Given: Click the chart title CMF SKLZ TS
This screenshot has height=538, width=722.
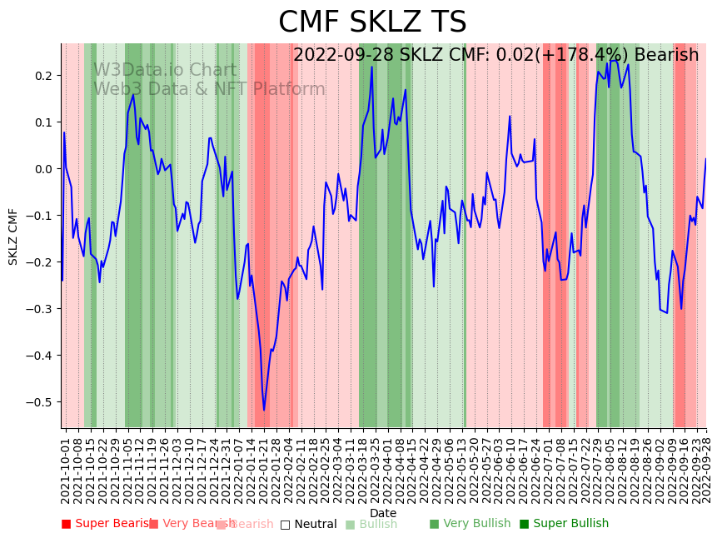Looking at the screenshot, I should [x=372, y=22].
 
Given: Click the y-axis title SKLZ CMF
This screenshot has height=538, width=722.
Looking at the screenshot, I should [x=13, y=237].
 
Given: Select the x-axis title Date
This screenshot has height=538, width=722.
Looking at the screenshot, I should [x=383, y=513].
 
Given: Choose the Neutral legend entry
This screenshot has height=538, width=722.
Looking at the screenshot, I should [x=309, y=524].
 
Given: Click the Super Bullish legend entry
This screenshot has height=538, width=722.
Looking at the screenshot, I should [x=564, y=524].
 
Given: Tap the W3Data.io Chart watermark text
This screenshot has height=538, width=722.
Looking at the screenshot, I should [x=165, y=70].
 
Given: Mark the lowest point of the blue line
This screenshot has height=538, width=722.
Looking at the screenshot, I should [x=264, y=410].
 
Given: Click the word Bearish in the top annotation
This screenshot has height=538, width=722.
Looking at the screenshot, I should [x=666, y=55].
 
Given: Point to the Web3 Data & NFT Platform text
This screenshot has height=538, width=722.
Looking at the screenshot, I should [x=209, y=89].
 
